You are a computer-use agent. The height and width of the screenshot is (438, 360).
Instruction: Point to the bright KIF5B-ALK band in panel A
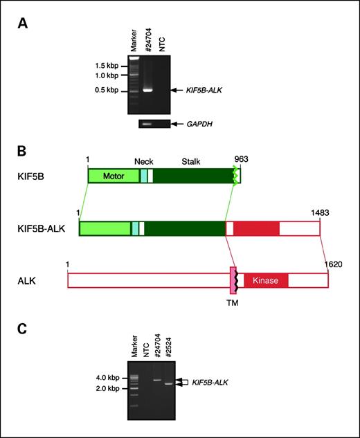point(147,90)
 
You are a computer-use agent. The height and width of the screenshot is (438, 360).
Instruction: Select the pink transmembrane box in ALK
point(233,280)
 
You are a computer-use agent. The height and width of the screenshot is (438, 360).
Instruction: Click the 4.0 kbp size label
point(109,378)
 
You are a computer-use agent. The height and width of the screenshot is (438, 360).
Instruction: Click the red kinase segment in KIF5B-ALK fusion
point(256,228)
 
